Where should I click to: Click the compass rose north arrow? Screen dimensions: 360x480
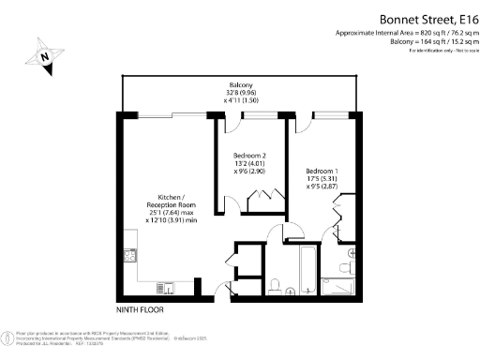[x=44, y=55]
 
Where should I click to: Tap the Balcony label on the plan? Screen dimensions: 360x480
[x=237, y=84]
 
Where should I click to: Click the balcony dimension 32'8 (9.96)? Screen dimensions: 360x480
[x=237, y=93]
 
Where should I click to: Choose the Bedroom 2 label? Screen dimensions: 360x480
[x=251, y=155]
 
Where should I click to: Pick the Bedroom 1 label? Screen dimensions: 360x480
[x=322, y=172]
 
